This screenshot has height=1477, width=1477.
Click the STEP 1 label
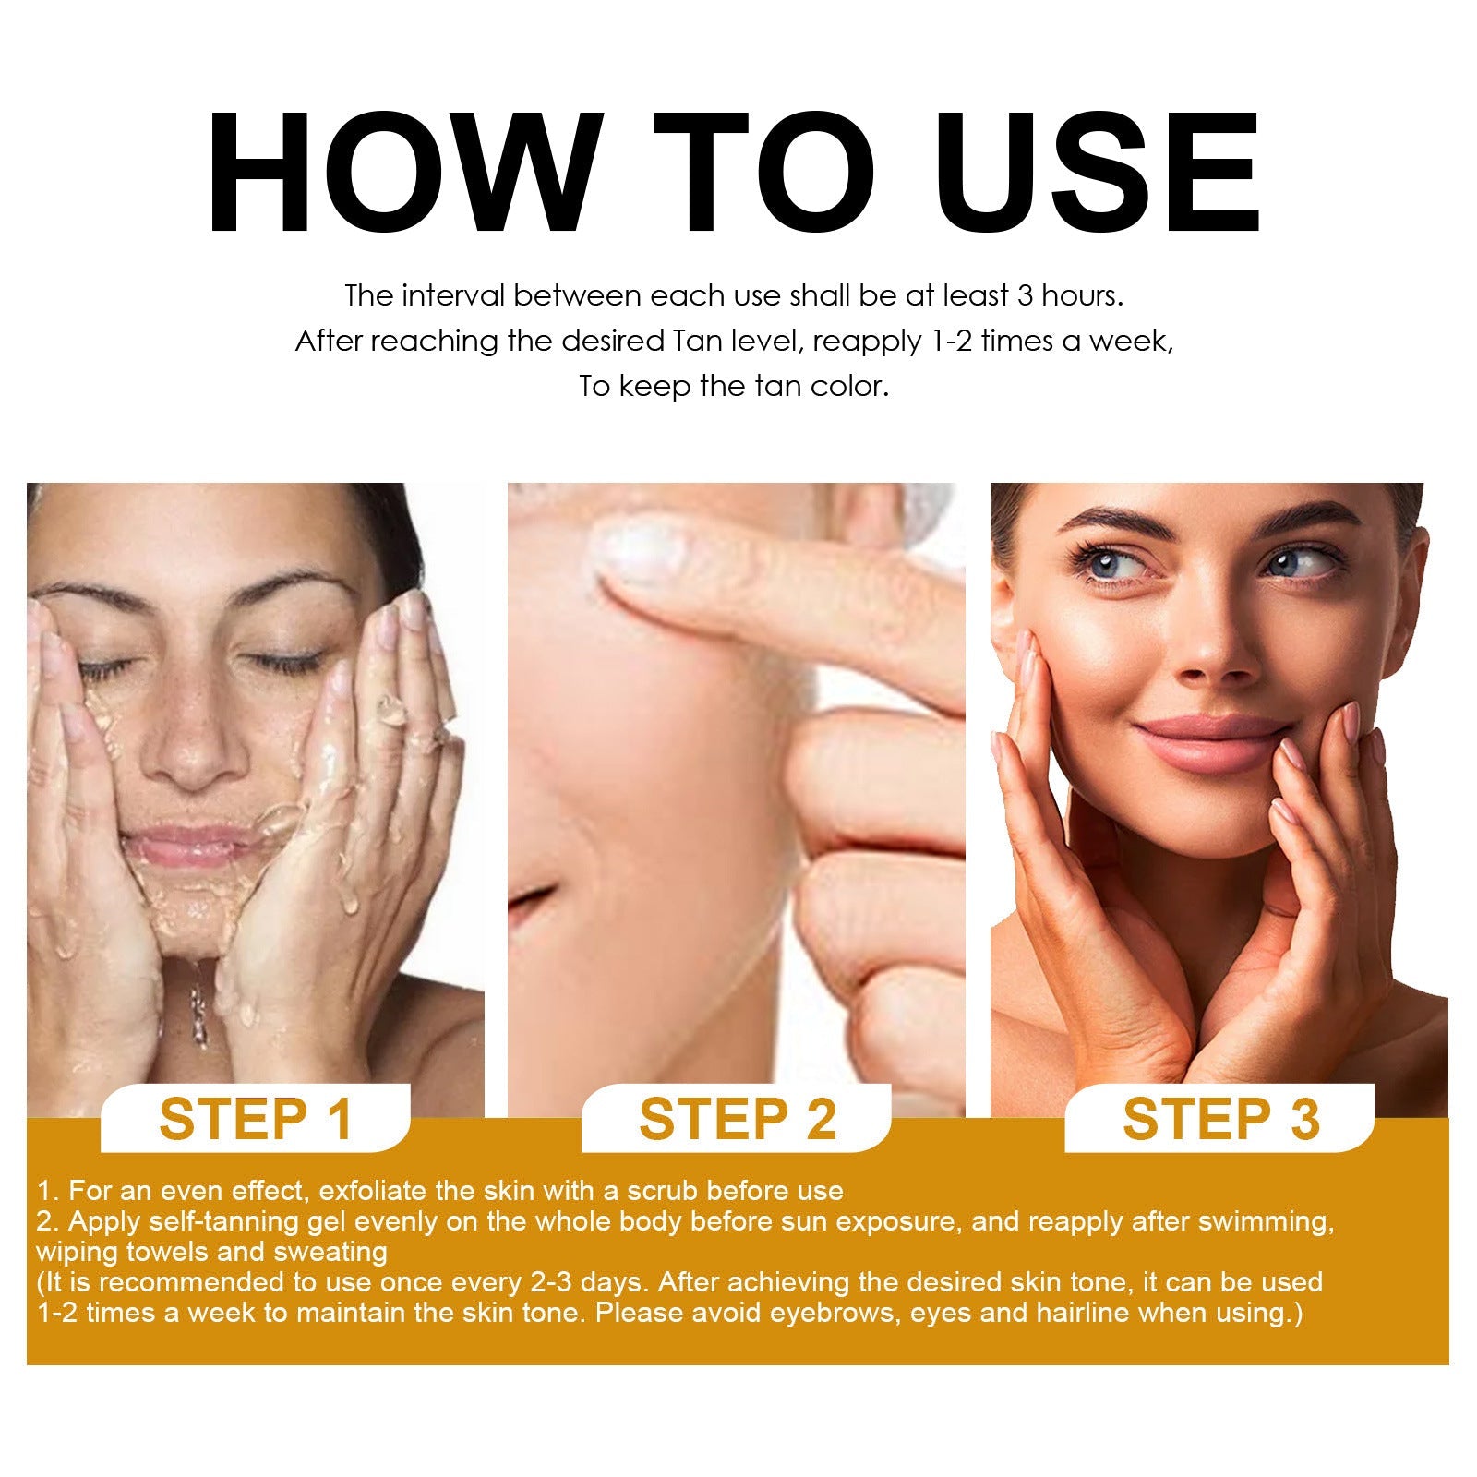pos(256,1119)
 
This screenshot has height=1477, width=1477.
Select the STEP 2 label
pos(737,1119)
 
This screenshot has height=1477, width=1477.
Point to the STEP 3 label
pos(1220,1119)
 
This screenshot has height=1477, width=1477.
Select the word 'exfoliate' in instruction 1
pos(373,1191)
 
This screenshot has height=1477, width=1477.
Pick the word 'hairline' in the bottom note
pos(1089,1313)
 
